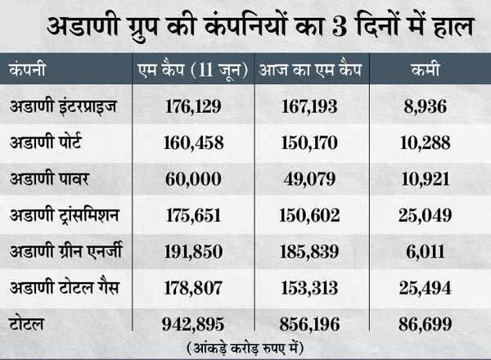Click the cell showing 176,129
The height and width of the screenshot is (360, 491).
point(188,106)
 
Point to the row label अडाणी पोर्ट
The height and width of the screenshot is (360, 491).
point(48,142)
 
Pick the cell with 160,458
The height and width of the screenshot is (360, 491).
point(188,142)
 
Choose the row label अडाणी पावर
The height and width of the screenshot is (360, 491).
point(48,178)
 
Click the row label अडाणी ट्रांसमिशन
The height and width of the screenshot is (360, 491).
point(65,214)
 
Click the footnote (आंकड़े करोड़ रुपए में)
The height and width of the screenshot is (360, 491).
point(245,346)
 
